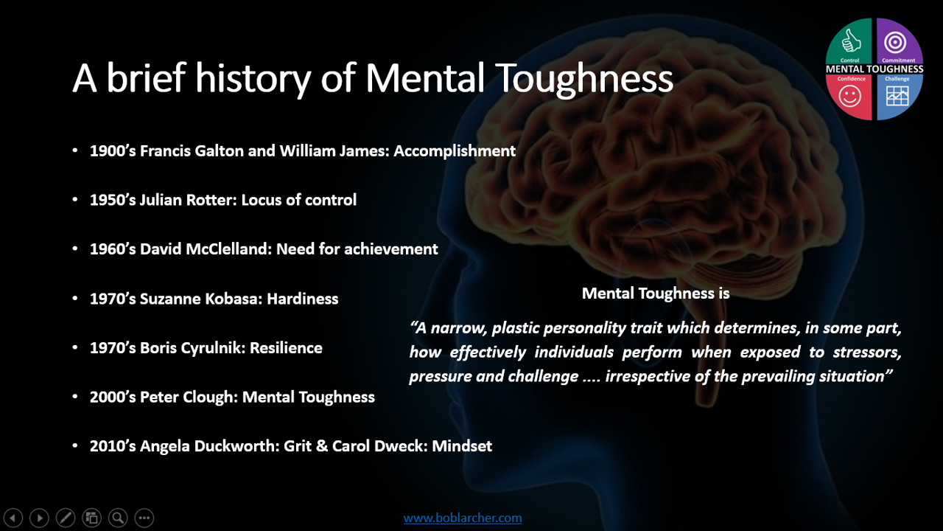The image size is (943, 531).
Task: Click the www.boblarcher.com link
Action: tap(463, 518)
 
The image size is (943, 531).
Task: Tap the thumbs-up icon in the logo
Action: tap(851, 41)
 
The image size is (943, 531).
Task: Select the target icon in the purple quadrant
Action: tap(895, 43)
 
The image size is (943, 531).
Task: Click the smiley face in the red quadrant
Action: tap(849, 96)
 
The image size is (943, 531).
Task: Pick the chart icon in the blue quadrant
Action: tap(897, 96)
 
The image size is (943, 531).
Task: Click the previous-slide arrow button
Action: tap(13, 518)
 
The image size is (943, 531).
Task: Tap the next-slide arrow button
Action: tap(39, 518)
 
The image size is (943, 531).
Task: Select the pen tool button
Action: tap(66, 518)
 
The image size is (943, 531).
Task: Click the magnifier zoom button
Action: tap(118, 518)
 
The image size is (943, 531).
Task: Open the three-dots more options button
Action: tap(144, 518)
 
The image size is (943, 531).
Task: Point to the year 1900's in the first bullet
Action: tap(113, 151)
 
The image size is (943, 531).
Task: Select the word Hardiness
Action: tap(302, 299)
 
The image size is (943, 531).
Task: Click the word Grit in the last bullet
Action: tap(298, 446)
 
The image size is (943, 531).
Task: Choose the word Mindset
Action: tap(462, 446)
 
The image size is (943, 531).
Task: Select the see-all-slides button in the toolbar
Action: tap(92, 518)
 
